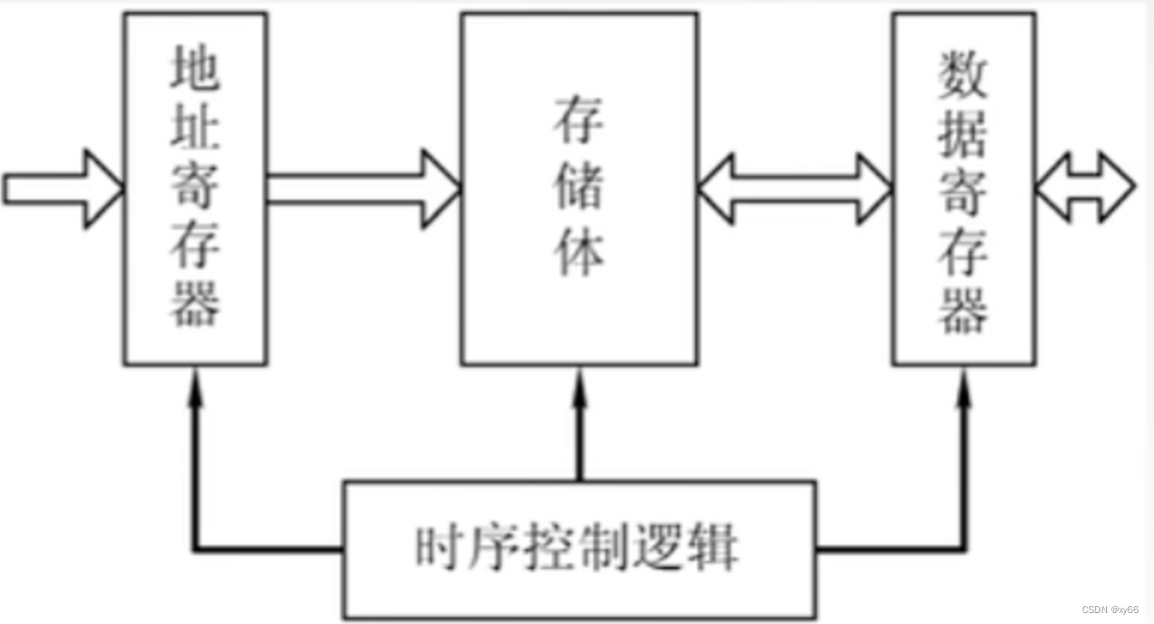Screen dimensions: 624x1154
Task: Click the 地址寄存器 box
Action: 195,188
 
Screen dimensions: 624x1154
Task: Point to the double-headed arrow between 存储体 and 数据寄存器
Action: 794,188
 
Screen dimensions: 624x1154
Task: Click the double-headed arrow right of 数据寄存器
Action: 1085,187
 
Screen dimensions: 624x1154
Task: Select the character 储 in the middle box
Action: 578,185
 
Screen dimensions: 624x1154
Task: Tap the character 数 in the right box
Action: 963,74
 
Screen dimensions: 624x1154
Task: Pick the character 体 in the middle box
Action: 578,251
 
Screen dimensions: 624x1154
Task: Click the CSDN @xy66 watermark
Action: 1110,609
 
